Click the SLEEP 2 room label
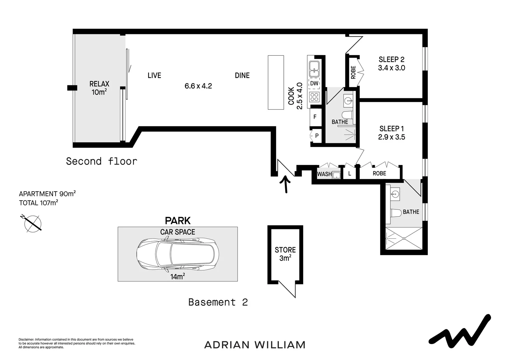click(x=391, y=60)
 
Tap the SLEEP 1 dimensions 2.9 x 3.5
click(x=391, y=137)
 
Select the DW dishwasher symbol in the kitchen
click(x=314, y=84)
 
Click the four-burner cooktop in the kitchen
click(x=314, y=97)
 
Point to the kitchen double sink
click(x=314, y=69)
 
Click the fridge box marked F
click(x=315, y=117)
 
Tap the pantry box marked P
click(x=316, y=136)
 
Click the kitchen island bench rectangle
click(x=276, y=82)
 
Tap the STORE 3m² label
click(x=285, y=254)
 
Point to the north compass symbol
click(x=32, y=223)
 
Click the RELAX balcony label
click(x=99, y=88)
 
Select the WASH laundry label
click(x=324, y=174)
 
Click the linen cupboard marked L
click(x=349, y=174)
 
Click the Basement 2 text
click(x=218, y=302)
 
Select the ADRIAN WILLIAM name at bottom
click(x=255, y=345)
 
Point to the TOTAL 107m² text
click(x=39, y=203)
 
